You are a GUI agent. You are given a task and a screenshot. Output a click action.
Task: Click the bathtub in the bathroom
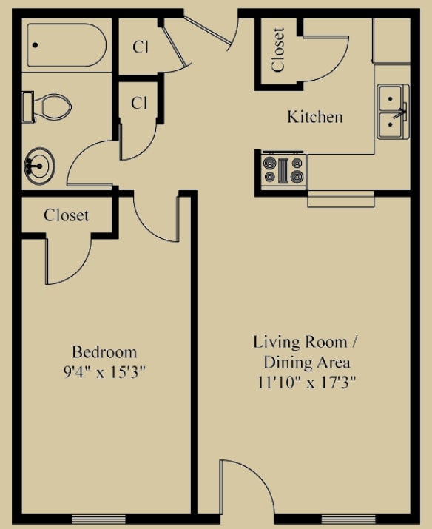point(65,46)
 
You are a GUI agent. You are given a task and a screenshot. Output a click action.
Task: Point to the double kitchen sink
point(391,112)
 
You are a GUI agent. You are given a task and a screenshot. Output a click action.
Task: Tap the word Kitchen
point(314,117)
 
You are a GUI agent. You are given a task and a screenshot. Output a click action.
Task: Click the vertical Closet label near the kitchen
point(278,50)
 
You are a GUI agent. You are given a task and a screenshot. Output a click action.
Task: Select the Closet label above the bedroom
point(66,215)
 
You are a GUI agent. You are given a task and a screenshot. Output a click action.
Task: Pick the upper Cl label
point(141,47)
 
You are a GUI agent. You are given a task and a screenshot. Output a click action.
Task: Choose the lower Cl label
point(139,104)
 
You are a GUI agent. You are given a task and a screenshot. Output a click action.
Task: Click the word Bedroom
point(104,351)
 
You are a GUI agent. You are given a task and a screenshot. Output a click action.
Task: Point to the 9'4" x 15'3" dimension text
point(104,372)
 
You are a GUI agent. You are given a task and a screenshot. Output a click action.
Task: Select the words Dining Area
point(306,363)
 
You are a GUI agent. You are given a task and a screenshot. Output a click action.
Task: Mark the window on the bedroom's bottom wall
point(95,517)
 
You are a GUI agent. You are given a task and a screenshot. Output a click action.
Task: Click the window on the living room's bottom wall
point(348,517)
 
